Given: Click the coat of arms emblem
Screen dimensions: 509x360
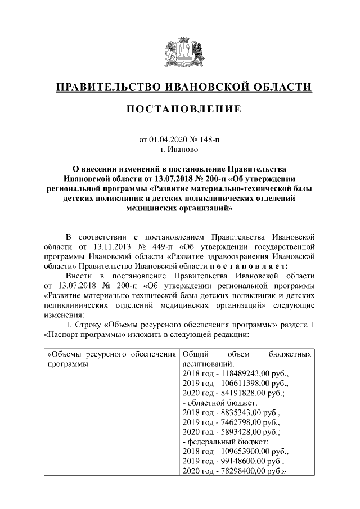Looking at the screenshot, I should tap(179, 52).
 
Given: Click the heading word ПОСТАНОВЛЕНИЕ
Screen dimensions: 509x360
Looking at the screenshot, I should tap(180, 108).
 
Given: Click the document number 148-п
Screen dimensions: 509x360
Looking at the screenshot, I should tap(210, 139).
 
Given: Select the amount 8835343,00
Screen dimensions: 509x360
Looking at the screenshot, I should tap(238, 413).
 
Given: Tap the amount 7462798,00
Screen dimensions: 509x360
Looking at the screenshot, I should tap(238, 423).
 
